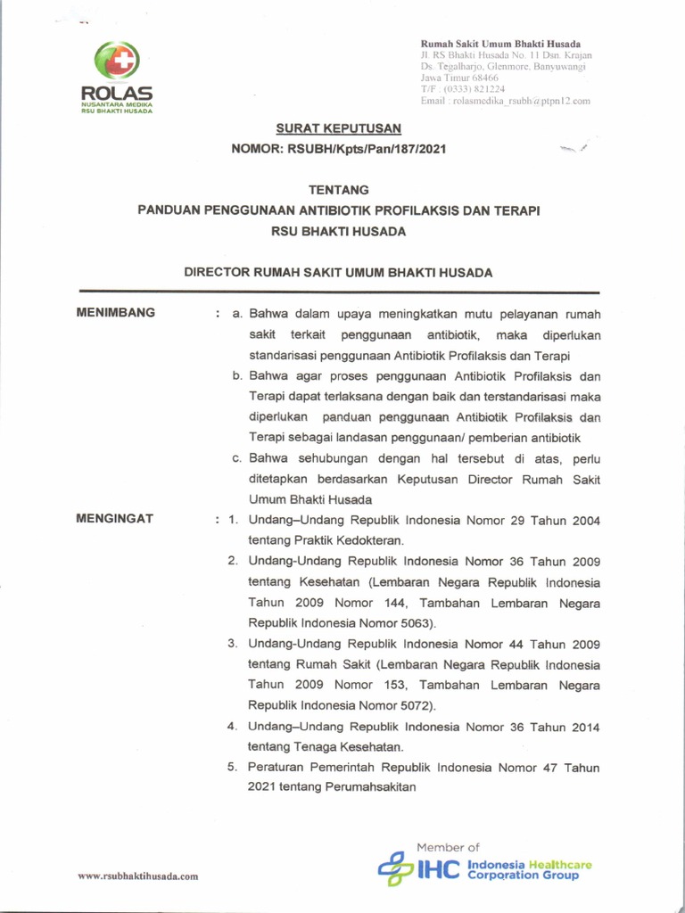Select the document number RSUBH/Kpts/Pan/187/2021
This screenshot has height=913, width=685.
(367, 149)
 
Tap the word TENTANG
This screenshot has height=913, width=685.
(338, 190)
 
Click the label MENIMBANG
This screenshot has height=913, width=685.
(116, 313)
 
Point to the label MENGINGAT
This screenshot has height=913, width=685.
(115, 518)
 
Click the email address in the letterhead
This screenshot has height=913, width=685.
(505, 102)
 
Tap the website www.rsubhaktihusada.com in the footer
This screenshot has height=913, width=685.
(137, 876)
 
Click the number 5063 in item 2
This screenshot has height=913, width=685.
(417, 623)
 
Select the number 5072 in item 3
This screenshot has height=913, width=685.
(414, 705)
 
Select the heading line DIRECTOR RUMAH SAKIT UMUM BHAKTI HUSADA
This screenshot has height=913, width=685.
(338, 273)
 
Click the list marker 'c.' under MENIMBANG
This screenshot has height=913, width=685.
(238, 459)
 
